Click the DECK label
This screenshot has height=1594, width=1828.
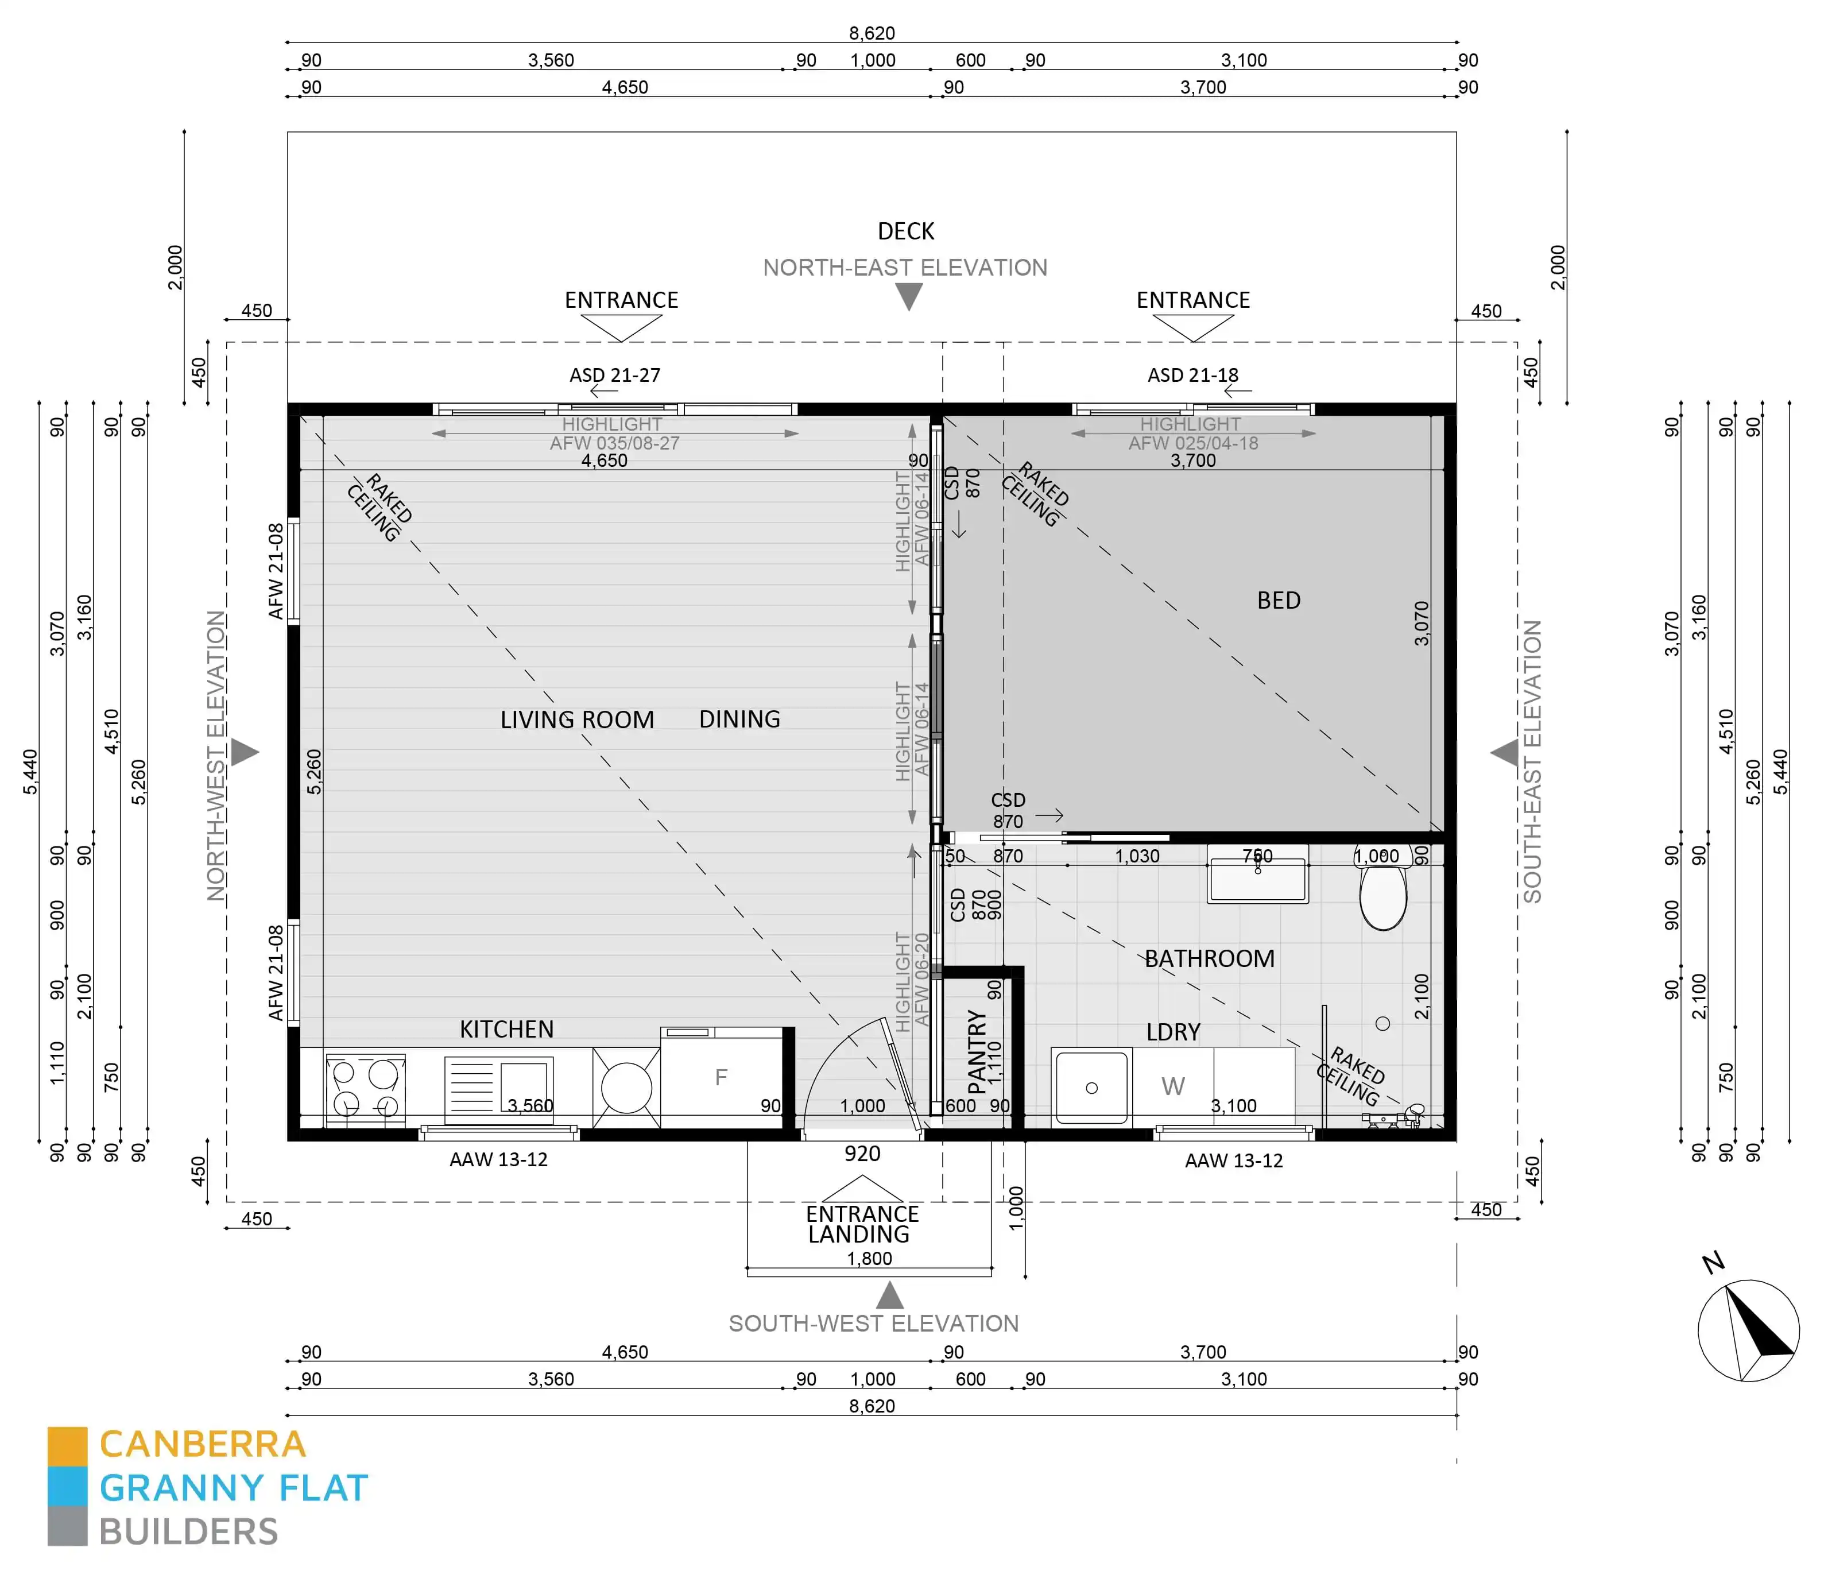(x=905, y=231)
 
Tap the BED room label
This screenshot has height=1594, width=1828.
(x=1277, y=601)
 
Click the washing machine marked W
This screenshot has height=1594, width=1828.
(x=1172, y=1087)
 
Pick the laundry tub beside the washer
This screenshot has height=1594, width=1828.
(x=1091, y=1087)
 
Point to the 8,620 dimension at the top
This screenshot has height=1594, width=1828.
(x=871, y=33)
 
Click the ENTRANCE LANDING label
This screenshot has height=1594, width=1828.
(x=861, y=1224)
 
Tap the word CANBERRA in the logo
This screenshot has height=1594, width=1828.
(x=202, y=1445)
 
